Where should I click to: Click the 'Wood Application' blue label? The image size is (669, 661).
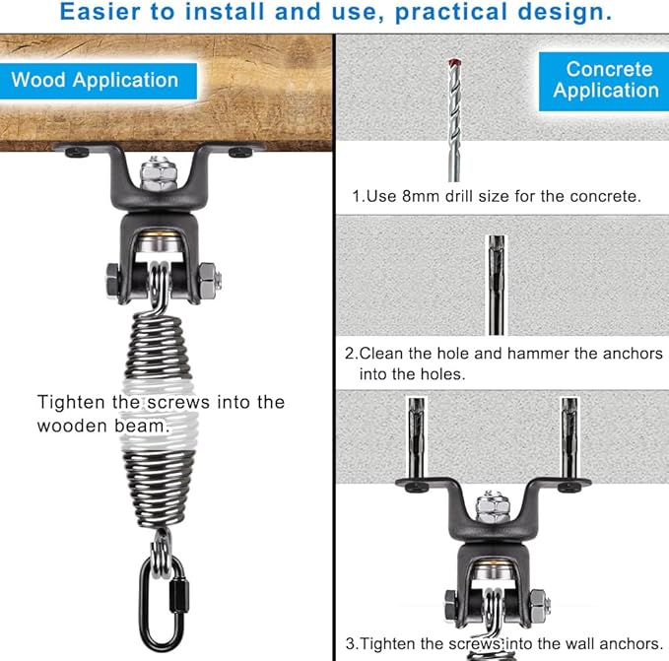point(99,81)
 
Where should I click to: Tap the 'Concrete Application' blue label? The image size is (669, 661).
point(604,81)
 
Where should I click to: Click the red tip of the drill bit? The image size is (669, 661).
point(453,63)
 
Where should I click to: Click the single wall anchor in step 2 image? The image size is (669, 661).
point(497,285)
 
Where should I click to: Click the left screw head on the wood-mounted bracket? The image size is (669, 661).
point(77,152)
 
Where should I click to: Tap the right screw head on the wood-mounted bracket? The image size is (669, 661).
point(240,152)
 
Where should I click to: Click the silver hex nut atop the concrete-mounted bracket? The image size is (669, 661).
point(493,507)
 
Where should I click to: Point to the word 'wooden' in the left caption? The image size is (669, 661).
point(71,426)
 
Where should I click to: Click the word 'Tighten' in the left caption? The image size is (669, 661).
point(70,403)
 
